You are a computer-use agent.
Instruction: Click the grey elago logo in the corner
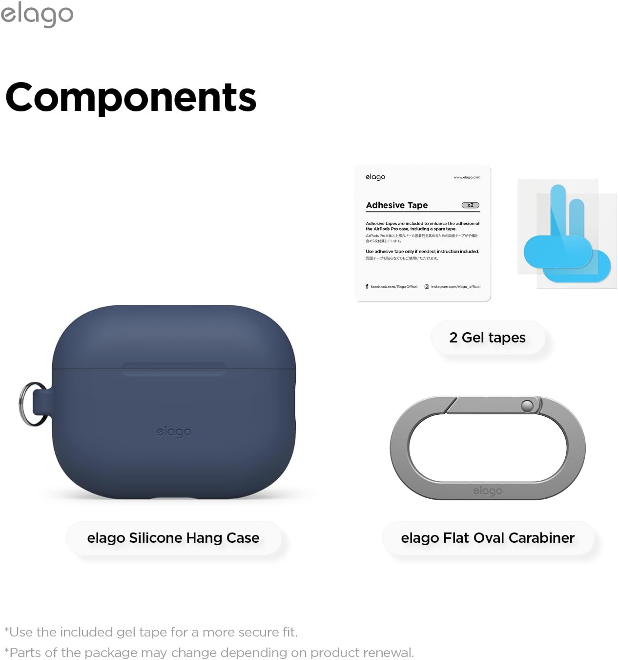click(37, 15)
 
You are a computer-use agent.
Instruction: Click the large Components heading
click(131, 97)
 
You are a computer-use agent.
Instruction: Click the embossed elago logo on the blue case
click(174, 432)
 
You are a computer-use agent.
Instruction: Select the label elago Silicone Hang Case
click(173, 538)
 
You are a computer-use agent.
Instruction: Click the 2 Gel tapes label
click(487, 338)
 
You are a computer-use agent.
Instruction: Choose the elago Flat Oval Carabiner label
click(488, 538)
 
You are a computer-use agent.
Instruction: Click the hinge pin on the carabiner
click(527, 405)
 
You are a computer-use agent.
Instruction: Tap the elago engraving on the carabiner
click(488, 490)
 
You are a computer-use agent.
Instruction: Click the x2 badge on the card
click(471, 205)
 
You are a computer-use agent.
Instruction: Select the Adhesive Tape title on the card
click(397, 205)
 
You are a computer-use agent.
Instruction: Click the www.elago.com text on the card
click(467, 177)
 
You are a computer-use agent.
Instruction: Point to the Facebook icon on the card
click(367, 286)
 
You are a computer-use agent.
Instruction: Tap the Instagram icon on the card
click(427, 287)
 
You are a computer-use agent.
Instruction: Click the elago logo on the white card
click(375, 177)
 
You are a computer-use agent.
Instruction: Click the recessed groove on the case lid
click(174, 369)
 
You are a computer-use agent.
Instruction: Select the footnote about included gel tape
click(151, 632)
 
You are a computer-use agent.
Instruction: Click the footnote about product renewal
click(209, 653)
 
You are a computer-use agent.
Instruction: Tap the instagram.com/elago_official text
click(455, 287)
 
